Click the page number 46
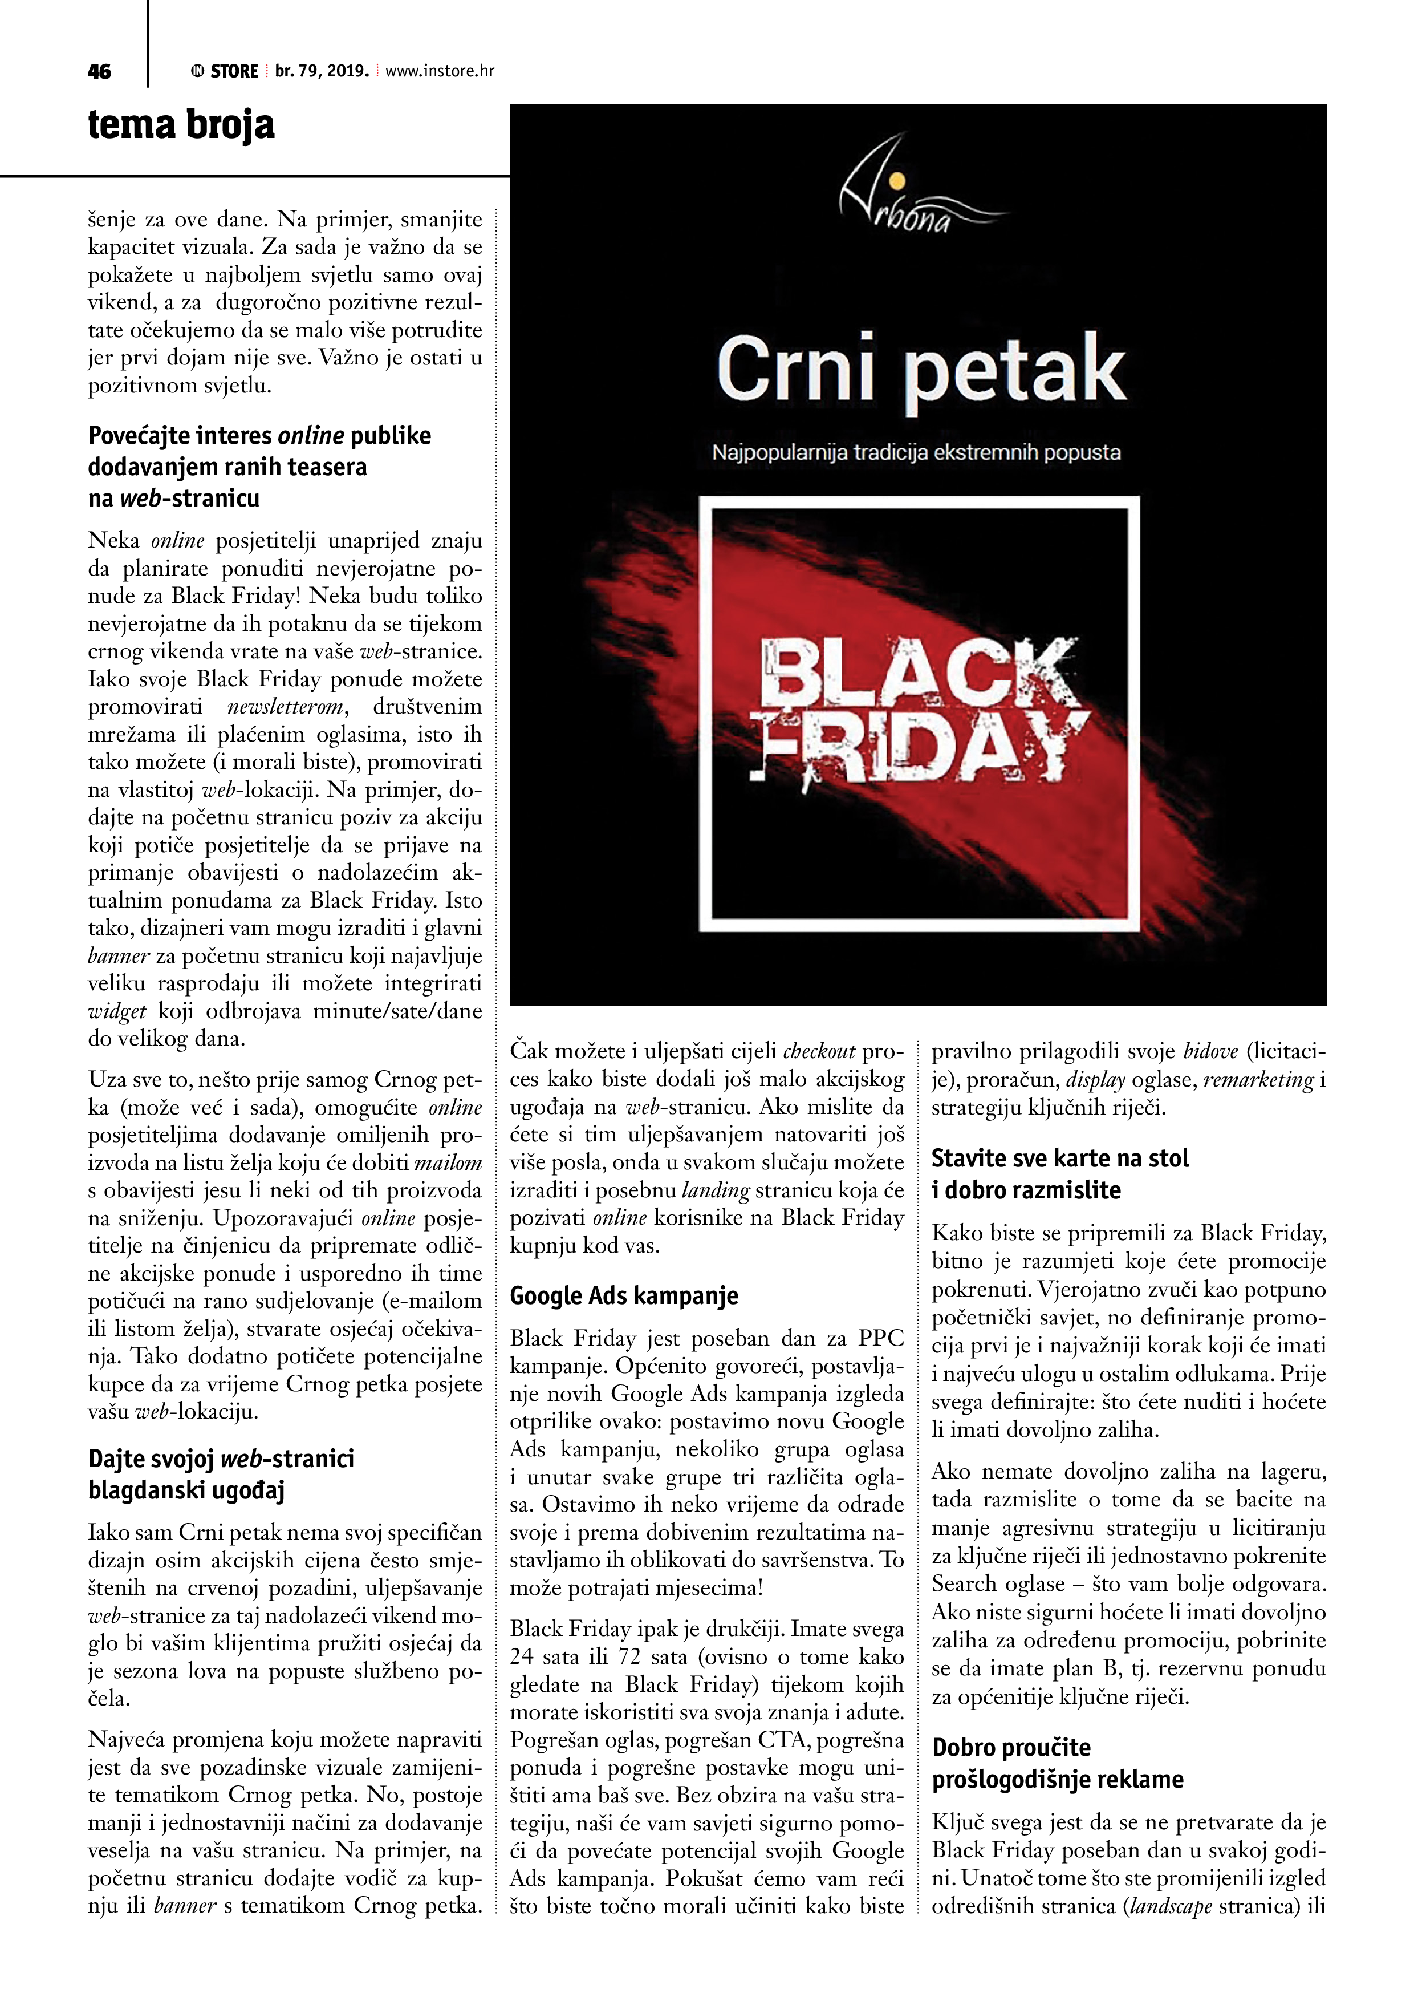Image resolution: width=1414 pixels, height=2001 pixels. tap(99, 71)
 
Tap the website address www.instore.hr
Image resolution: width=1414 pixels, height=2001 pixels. tap(440, 71)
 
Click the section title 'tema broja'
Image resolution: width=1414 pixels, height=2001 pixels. tap(181, 124)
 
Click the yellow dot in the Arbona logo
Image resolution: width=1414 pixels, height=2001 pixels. tap(898, 181)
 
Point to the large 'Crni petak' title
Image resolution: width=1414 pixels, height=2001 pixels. tap(920, 370)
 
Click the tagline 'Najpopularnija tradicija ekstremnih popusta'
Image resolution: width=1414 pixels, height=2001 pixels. tap(916, 453)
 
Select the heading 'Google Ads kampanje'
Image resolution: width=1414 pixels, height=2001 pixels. tap(624, 1296)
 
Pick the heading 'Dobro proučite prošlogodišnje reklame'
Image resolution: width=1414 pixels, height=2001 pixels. tap(1057, 1764)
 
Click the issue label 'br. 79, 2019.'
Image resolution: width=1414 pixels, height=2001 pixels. tap(322, 71)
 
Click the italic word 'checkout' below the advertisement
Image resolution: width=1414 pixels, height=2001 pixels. tap(819, 1052)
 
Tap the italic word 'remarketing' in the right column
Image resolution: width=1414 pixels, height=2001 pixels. tap(1258, 1080)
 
